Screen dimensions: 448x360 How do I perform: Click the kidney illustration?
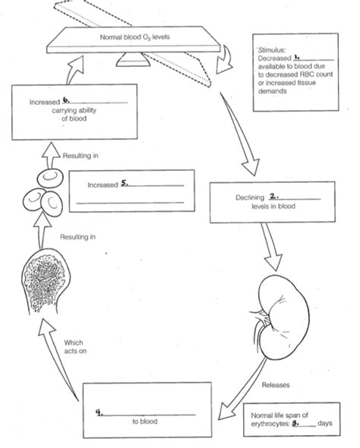pos(282,311)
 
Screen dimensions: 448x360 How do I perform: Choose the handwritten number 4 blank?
pos(99,411)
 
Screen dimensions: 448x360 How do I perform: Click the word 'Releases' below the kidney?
pos(274,384)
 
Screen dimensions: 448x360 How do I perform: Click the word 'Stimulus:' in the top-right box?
pos(271,48)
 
